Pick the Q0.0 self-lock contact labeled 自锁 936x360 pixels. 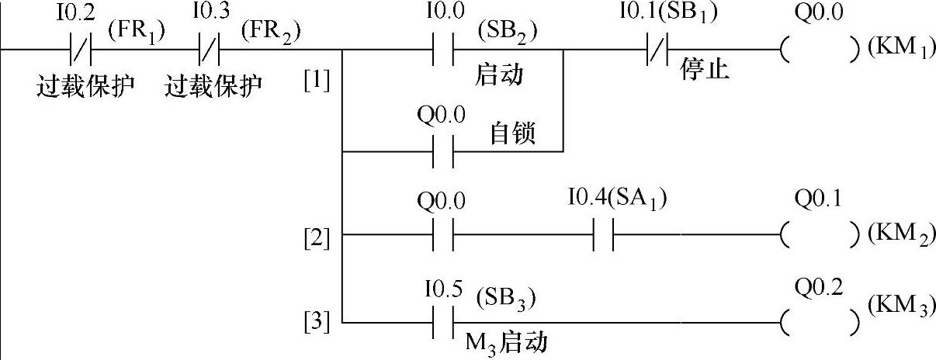(442, 151)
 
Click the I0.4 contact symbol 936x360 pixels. (603, 234)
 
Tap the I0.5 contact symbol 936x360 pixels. (442, 321)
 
